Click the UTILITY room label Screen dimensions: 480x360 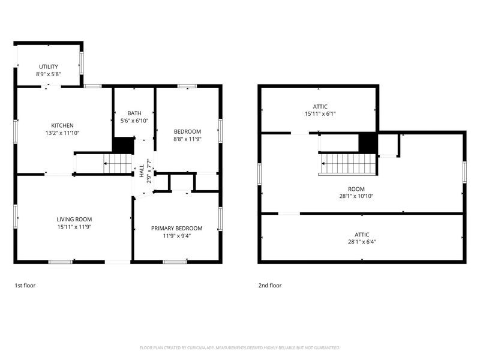tap(49, 67)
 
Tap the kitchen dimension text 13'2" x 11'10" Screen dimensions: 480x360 tap(62, 133)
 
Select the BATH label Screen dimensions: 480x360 tap(134, 113)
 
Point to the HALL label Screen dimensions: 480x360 tap(142, 171)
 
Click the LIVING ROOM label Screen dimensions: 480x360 tap(74, 219)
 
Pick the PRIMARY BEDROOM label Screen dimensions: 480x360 tap(176, 229)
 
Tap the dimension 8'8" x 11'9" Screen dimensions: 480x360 tap(187, 139)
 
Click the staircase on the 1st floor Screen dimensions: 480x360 tap(118, 163)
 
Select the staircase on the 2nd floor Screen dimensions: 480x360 tap(347, 164)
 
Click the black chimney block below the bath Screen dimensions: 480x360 tap(124, 145)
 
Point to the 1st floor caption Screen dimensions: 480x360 tap(25, 286)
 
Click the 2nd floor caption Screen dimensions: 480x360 tap(270, 286)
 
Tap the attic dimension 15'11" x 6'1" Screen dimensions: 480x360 tap(320, 114)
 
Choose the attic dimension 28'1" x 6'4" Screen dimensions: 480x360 tap(362, 242)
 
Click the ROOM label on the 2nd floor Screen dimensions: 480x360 tap(356, 189)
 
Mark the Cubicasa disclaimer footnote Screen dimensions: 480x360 tap(239, 348)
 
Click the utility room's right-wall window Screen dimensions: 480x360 tap(82, 63)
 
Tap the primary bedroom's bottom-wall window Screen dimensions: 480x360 tap(175, 262)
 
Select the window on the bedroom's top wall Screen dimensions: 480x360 tap(187, 86)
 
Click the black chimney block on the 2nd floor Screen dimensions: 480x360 tap(368, 142)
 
